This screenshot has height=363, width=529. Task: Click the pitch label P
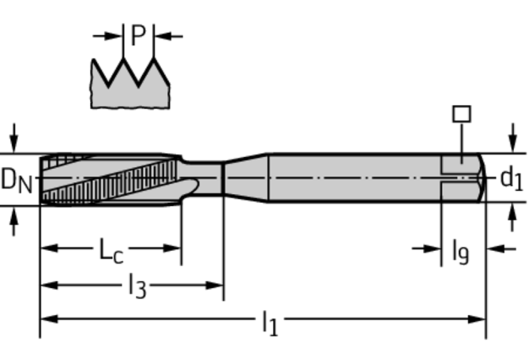click(x=138, y=35)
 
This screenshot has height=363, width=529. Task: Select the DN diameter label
click(x=17, y=180)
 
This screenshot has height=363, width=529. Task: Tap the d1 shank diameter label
click(x=512, y=178)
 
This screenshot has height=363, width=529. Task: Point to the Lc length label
click(x=111, y=251)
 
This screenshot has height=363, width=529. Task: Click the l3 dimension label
click(x=137, y=286)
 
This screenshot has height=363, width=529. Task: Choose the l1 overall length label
click(x=270, y=323)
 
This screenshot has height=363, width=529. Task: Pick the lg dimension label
click(x=460, y=252)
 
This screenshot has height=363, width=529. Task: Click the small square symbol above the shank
click(x=462, y=114)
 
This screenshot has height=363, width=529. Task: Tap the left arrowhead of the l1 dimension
click(x=49, y=319)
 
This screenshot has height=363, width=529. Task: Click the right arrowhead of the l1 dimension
click(x=477, y=319)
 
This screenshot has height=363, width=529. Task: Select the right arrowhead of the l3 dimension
click(x=215, y=286)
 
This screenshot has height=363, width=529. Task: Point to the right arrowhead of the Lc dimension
click(x=172, y=249)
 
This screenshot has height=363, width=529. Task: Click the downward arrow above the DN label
click(x=13, y=138)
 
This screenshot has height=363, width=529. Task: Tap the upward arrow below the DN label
click(x=13, y=221)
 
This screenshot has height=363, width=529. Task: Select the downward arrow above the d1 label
click(x=512, y=138)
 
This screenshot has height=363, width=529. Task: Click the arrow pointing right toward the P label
click(x=108, y=36)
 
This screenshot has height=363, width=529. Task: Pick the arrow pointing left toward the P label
click(x=169, y=36)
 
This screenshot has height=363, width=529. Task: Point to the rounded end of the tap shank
click(x=482, y=178)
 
